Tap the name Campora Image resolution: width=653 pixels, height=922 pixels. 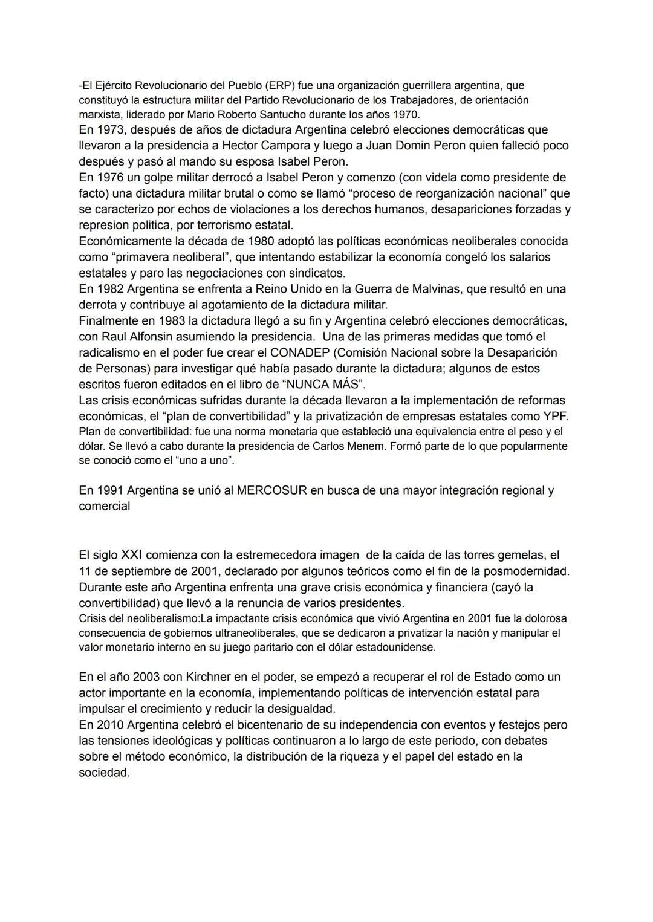coord(282,145)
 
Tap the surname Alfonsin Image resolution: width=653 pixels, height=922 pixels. coord(159,336)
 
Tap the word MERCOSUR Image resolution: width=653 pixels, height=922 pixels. coord(271,490)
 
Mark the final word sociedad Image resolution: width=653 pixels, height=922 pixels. coord(104,773)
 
